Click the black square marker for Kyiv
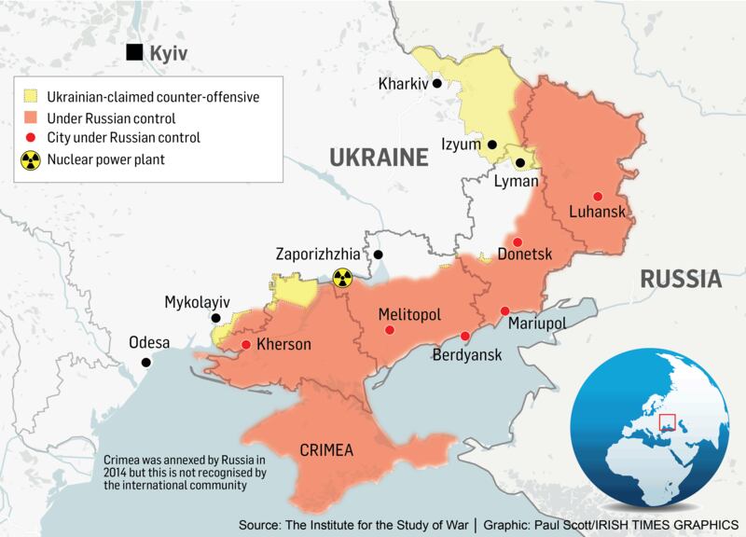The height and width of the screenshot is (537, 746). point(137,52)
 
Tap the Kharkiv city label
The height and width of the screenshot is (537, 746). point(403,85)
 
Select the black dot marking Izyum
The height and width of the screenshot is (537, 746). point(490,145)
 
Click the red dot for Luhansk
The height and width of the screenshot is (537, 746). point(597,195)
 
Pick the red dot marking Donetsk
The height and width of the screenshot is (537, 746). point(518,241)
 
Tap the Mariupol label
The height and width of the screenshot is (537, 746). point(537,323)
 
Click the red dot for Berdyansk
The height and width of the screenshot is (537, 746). point(465,337)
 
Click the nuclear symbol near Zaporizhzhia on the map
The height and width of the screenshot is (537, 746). point(342,277)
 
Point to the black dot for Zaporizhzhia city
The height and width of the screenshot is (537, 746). point(379,254)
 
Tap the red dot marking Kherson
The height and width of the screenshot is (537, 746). point(245,345)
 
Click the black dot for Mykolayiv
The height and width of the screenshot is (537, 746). point(215,318)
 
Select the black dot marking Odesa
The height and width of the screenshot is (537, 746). point(145,362)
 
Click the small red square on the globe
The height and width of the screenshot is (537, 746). point(666,425)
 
